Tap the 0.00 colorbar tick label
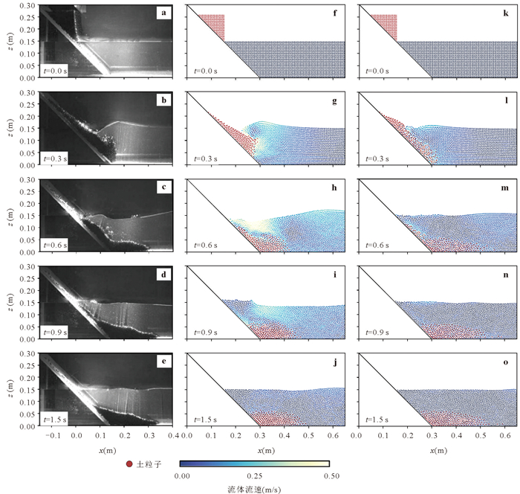[181, 475]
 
